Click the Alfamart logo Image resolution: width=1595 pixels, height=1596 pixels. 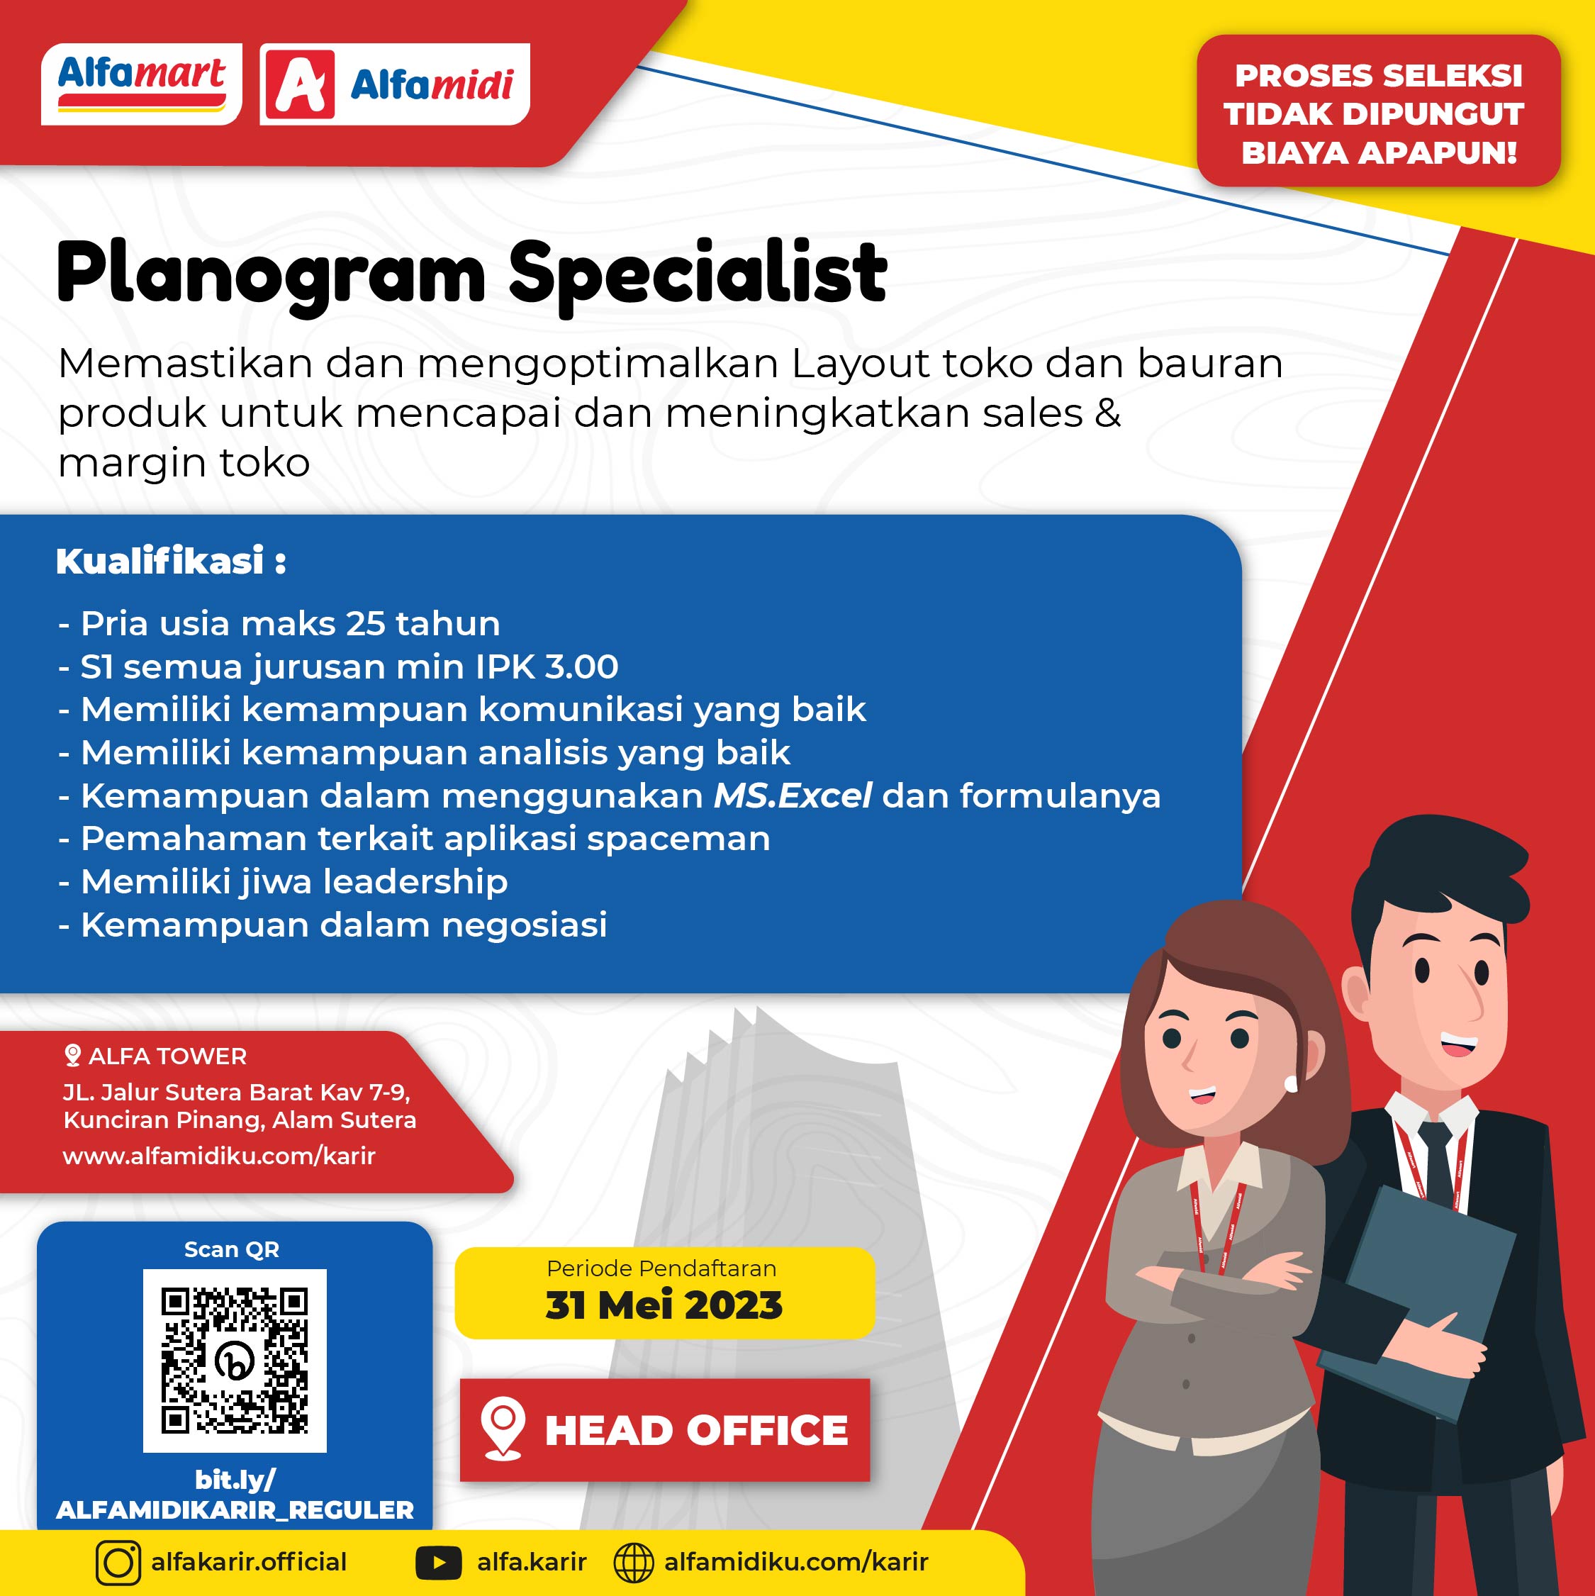coord(141,84)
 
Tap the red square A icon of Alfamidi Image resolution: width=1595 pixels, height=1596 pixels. coord(298,84)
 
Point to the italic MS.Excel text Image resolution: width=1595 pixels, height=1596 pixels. coord(792,796)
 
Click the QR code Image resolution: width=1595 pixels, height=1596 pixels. coord(235,1360)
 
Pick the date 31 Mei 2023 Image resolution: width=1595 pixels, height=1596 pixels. coord(664,1305)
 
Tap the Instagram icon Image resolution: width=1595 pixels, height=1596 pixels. coord(118,1562)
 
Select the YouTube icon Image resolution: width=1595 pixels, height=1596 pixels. coord(439,1562)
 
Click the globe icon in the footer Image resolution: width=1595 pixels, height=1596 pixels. coord(634,1562)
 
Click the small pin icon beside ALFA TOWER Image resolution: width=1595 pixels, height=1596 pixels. coord(73,1055)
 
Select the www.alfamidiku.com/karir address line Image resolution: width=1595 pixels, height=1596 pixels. coord(219,1156)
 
